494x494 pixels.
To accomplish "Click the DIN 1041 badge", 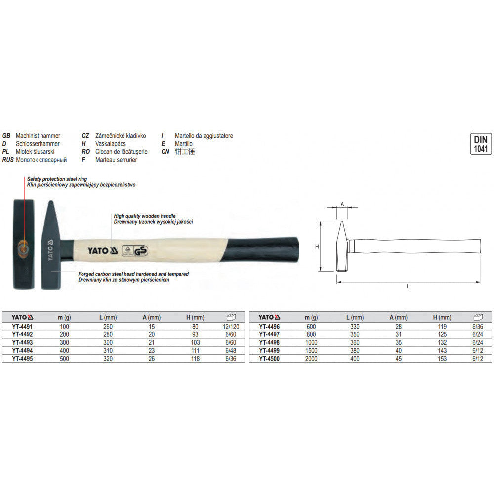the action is [x=481, y=144].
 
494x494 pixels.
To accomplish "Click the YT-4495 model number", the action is [x=22, y=359].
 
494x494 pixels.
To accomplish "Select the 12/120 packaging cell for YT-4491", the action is [x=231, y=327].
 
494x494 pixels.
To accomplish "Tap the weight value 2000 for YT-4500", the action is [x=311, y=359].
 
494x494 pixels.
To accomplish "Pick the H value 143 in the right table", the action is [x=442, y=351].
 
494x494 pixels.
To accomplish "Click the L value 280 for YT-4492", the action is [x=108, y=334].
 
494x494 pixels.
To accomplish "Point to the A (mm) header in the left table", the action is [x=152, y=317].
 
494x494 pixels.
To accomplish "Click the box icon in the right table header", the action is [x=478, y=317].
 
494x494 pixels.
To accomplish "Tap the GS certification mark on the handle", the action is [x=140, y=251].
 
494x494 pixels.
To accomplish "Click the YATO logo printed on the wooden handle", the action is [x=103, y=251].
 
